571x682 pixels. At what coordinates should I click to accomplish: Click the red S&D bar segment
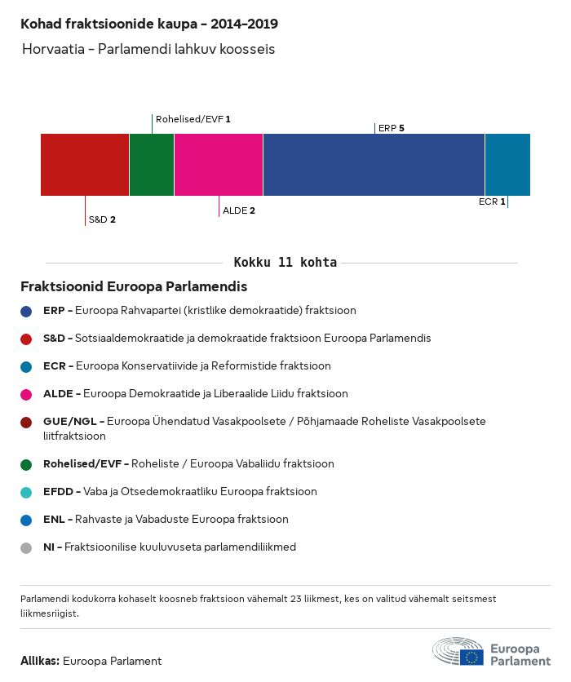click(85, 165)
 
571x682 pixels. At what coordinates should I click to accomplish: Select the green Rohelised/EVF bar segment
click(152, 165)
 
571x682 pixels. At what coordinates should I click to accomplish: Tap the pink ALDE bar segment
click(219, 165)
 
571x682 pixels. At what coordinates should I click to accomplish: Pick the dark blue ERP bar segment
click(374, 165)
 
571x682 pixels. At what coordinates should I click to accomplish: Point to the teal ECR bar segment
click(507, 165)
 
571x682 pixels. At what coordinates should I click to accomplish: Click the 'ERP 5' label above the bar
click(392, 128)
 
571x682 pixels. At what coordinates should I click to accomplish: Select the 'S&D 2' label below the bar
click(102, 219)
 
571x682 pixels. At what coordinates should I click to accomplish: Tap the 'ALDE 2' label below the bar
click(239, 210)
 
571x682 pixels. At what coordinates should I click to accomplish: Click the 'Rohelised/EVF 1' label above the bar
click(193, 119)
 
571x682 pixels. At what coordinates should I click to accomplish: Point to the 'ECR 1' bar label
click(492, 201)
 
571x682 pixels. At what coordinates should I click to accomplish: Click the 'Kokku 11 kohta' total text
click(285, 263)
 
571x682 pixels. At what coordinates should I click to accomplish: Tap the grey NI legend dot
click(26, 548)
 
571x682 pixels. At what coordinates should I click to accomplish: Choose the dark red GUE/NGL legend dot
click(26, 422)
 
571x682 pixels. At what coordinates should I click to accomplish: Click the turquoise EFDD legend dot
click(26, 492)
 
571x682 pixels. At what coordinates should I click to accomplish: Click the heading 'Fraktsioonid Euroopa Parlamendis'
click(134, 287)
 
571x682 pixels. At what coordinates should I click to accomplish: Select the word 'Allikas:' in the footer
click(39, 662)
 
